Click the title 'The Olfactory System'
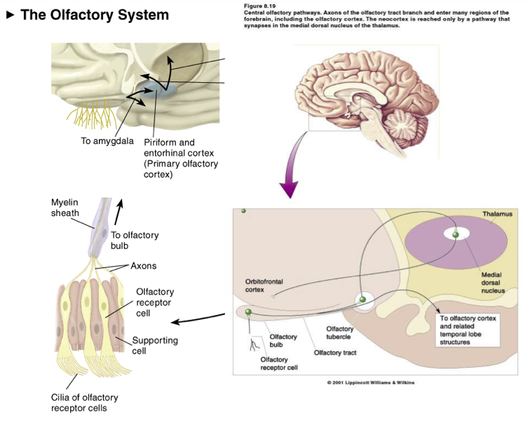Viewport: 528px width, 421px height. (95, 15)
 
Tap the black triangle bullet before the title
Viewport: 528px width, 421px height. (11, 15)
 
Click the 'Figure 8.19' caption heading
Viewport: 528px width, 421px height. (259, 6)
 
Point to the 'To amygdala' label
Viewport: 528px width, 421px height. (107, 140)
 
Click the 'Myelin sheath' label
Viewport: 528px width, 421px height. (65, 208)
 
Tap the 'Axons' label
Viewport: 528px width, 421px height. (144, 266)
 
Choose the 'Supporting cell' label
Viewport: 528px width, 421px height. (155, 345)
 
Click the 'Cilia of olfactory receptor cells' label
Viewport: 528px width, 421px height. (85, 403)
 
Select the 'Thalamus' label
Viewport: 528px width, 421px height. (497, 214)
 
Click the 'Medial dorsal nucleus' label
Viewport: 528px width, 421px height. (493, 283)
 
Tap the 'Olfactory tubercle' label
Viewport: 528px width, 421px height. (339, 333)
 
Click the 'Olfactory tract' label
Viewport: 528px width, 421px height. (335, 352)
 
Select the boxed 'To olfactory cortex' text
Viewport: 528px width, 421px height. (468, 330)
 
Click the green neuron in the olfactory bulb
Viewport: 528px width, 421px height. (248, 312)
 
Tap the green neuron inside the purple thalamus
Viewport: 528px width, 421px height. (456, 234)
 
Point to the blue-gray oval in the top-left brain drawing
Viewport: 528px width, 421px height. (158, 90)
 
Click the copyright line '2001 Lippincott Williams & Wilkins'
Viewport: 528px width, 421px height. (370, 382)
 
